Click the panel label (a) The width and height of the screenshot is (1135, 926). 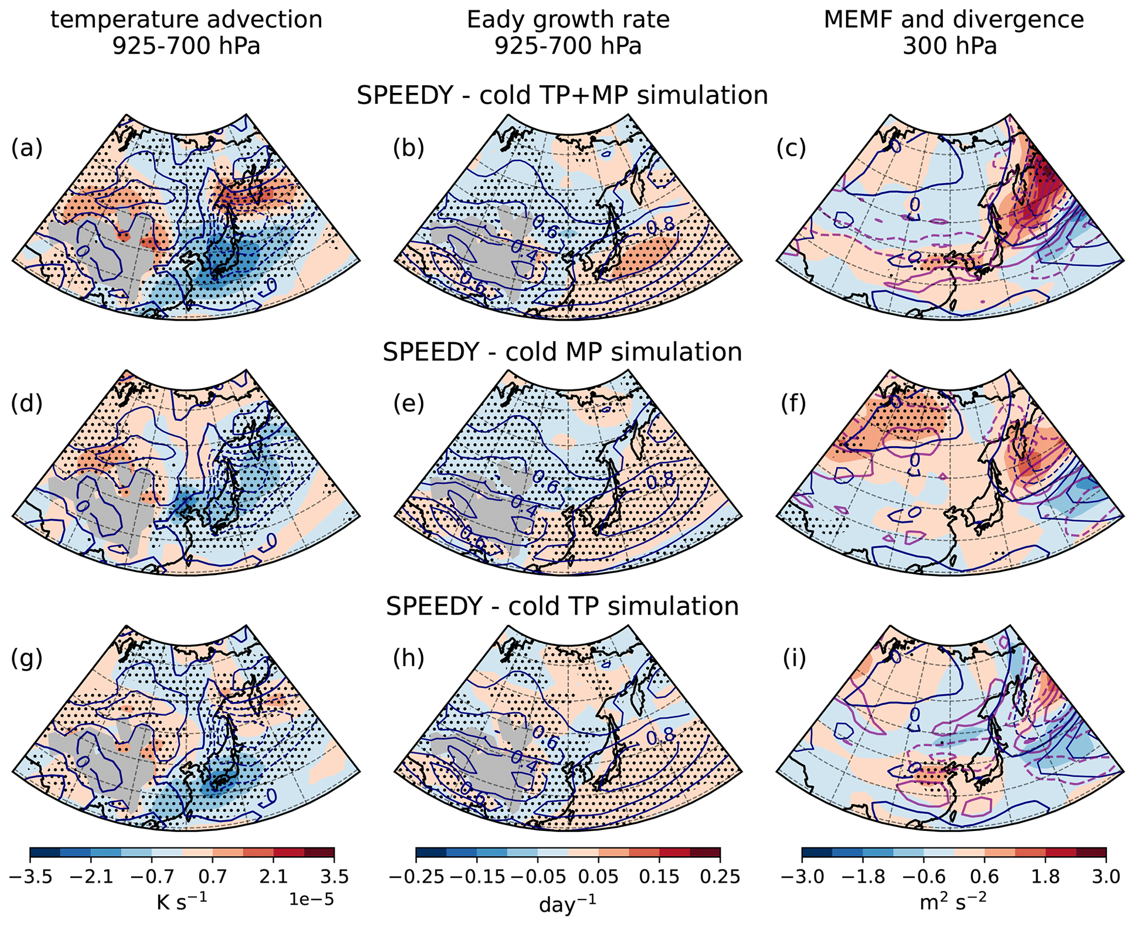tap(26, 148)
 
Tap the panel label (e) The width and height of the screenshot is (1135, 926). tap(409, 404)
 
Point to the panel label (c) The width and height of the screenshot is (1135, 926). tap(791, 148)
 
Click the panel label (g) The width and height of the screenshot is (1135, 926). tap(26, 659)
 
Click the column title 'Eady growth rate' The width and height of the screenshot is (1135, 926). tap(568, 20)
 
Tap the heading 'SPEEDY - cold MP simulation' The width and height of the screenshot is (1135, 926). tap(562, 352)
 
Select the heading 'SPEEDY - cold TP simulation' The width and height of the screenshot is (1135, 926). tap(562, 606)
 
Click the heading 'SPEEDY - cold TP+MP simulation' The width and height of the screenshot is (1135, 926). tap(562, 96)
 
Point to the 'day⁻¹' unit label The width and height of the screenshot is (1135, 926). tap(568, 903)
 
